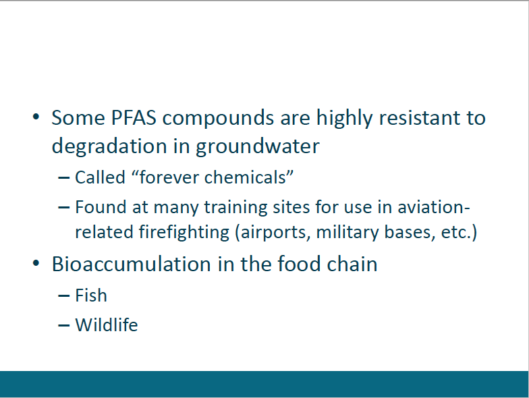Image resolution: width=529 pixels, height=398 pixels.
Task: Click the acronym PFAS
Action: click(134, 117)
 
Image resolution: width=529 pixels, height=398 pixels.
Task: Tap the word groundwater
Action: click(258, 147)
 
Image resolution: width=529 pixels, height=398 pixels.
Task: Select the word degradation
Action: click(109, 147)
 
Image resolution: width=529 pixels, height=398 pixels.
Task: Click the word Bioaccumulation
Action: click(131, 264)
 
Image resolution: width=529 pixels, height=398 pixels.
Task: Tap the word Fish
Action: click(90, 295)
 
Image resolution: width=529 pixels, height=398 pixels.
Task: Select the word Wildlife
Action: click(107, 325)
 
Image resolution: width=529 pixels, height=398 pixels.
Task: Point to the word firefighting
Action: click(184, 233)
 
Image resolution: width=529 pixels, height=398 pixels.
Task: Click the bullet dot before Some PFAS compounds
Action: click(36, 117)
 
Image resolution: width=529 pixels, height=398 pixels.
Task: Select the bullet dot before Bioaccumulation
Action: click(36, 263)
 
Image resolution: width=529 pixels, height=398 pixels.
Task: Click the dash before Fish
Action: click(63, 295)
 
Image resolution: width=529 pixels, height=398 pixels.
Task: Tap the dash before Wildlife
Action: click(63, 325)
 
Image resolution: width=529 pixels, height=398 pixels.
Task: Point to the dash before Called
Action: click(63, 178)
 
